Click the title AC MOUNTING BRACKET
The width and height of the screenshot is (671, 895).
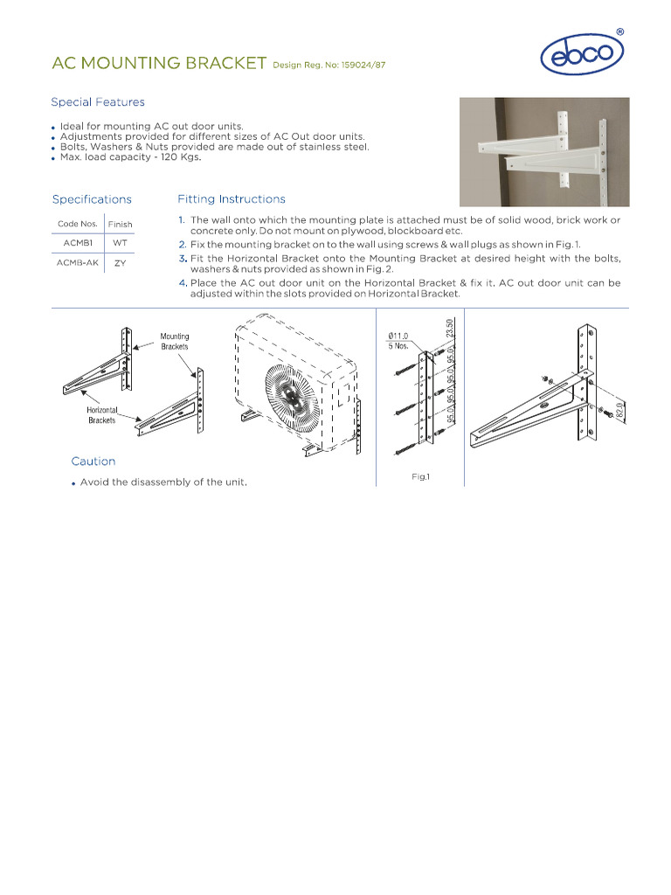coord(159,63)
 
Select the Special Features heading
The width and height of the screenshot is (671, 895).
coord(98,102)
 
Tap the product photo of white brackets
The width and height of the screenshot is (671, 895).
coord(543,151)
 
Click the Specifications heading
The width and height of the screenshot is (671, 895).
coord(92,199)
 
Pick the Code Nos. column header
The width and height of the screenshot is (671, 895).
coord(78,224)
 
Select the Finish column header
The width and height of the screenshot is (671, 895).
coord(121,225)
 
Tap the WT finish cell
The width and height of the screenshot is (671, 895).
coord(121,243)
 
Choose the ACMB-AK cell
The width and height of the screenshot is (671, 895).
coord(78,262)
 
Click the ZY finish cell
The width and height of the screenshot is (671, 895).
coord(121,262)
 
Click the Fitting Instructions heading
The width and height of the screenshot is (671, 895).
coord(231,199)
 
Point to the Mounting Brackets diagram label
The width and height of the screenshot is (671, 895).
coord(174,341)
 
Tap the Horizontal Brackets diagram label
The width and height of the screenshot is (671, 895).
coord(101,415)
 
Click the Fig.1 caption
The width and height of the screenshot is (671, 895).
coord(421,477)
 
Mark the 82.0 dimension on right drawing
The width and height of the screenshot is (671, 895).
coord(619,412)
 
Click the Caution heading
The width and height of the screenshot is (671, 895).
coord(93,461)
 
